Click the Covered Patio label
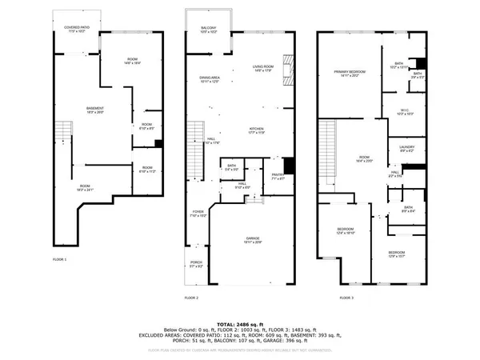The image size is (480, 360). [x=76, y=29]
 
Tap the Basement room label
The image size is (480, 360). [x=95, y=110]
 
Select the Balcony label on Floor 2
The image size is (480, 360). [x=209, y=29]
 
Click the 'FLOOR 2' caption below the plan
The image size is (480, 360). [x=191, y=298]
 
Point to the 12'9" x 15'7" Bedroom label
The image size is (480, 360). [x=398, y=254]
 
